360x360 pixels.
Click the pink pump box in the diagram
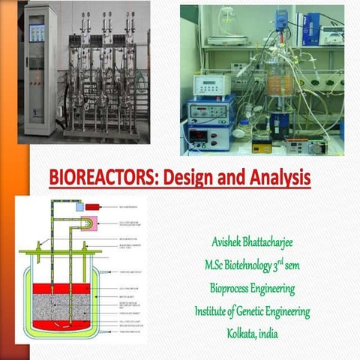(x=89, y=226)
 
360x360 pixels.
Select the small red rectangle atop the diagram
(x=91, y=206)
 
